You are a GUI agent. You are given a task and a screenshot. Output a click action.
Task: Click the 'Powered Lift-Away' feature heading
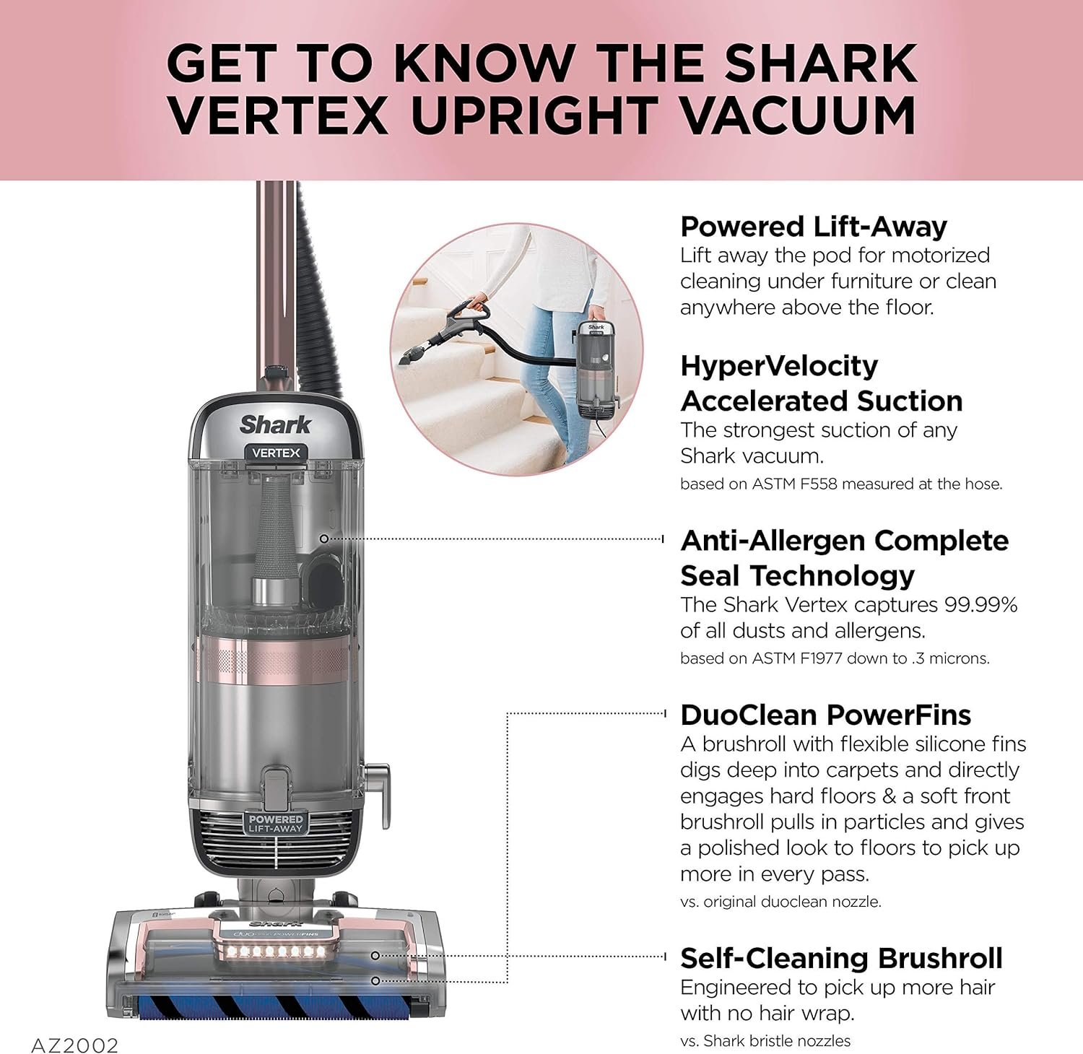click(x=814, y=227)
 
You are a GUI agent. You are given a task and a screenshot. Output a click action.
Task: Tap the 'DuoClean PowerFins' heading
click(x=825, y=715)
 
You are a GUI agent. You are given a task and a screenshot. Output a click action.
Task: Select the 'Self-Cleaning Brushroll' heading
click(x=841, y=958)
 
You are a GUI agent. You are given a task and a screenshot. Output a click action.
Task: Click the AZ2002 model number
click(x=74, y=1045)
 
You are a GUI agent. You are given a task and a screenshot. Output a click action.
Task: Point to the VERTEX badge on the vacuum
click(x=276, y=453)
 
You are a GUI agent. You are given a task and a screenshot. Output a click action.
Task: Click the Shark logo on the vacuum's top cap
click(x=275, y=424)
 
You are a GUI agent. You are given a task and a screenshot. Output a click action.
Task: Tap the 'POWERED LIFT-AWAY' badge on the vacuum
click(x=276, y=824)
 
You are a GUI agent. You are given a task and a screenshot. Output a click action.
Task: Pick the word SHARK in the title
click(x=821, y=63)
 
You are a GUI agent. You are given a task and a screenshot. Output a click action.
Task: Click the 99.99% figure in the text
click(x=981, y=605)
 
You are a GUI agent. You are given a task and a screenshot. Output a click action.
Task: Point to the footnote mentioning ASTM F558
click(x=841, y=484)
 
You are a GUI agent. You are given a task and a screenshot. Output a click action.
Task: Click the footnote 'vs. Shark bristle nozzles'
click(x=765, y=1040)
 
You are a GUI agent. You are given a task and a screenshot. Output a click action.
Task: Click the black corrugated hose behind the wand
click(x=317, y=289)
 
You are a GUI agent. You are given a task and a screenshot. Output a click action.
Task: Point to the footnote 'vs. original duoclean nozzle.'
click(x=780, y=902)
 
